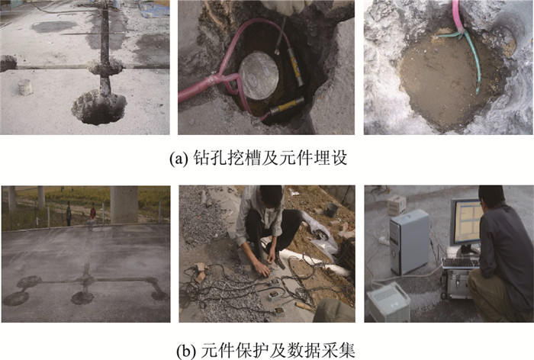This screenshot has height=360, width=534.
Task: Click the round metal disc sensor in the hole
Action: [x=259, y=76]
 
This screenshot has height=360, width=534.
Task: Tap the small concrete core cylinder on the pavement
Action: [x=25, y=87]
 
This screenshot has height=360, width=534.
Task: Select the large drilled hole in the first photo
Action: [x=98, y=108]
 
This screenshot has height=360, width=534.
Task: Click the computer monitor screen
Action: [x=467, y=221]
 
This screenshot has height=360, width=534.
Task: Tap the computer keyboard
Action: [x=461, y=263]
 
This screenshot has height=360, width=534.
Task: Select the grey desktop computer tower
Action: [x=410, y=242]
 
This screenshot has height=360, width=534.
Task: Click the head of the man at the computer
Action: [x=491, y=197]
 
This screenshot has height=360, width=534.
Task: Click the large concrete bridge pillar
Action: [x=124, y=204]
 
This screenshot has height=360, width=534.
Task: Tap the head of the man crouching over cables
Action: [x=270, y=197]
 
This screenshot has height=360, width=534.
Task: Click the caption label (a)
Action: [x=179, y=159]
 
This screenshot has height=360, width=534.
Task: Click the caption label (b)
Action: [x=186, y=351]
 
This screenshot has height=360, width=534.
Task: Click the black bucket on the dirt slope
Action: [x=332, y=210]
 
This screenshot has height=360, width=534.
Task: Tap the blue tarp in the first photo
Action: [x=154, y=9]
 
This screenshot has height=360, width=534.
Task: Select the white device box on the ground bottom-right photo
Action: [x=389, y=302]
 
